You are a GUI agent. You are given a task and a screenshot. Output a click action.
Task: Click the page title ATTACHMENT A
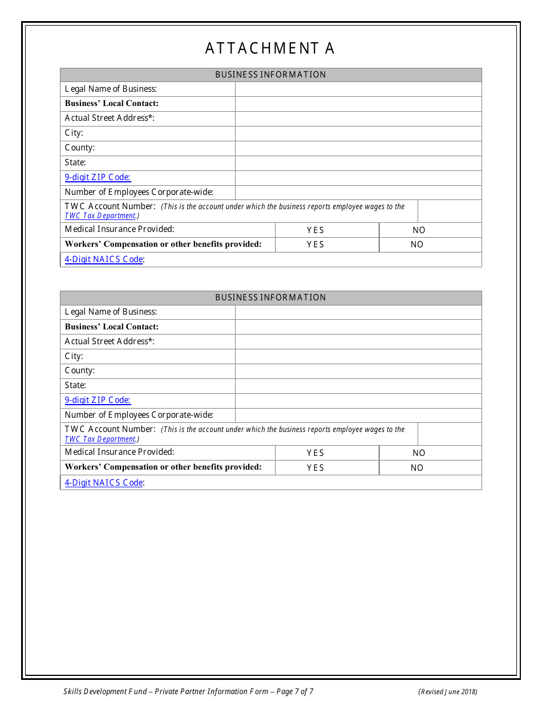(270, 49)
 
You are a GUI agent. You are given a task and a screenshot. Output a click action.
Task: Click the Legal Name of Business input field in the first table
(358, 89)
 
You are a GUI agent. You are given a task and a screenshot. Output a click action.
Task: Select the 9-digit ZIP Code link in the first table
(98, 177)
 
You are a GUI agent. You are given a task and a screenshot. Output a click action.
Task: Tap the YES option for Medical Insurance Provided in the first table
(316, 230)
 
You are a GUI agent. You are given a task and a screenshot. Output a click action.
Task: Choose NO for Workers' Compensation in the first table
(417, 244)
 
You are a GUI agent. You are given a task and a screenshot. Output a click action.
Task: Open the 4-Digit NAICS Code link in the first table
(104, 259)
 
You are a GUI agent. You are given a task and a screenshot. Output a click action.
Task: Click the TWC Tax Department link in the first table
(100, 216)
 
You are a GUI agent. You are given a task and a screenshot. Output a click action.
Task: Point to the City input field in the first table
(358, 133)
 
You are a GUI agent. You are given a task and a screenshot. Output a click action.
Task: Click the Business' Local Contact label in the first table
(112, 104)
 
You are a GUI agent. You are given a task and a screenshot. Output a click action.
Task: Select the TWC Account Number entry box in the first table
(450, 211)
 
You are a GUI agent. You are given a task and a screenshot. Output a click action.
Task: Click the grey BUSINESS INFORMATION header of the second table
(270, 297)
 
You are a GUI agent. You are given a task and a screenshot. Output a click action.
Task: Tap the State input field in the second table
(358, 386)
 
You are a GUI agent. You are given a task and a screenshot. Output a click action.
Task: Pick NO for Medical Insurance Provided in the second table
(419, 453)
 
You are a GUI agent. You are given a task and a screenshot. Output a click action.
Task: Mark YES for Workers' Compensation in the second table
(316, 468)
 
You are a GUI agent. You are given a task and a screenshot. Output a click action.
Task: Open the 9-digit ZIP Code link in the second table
(98, 400)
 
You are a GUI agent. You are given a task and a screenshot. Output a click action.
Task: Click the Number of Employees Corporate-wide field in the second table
(358, 415)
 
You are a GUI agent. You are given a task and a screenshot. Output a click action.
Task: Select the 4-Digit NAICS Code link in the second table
(104, 483)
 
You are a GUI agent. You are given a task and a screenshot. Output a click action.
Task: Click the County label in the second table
(80, 370)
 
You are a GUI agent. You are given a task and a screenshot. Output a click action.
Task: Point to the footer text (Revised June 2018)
(448, 692)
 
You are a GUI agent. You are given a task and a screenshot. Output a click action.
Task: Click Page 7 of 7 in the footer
(294, 692)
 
